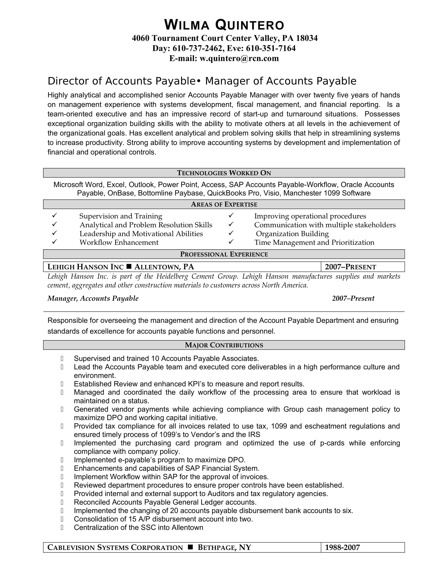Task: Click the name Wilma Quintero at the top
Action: tap(224, 25)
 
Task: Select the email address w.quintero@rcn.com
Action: tap(239, 59)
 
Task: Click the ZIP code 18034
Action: tap(306, 38)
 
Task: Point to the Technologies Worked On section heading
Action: tap(224, 173)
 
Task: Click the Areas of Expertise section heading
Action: tap(224, 204)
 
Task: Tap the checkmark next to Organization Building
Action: tap(231, 233)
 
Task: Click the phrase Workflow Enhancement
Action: tap(119, 243)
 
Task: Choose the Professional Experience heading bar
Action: tap(224, 254)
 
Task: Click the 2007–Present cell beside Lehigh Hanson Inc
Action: tap(350, 267)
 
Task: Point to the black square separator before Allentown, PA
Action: tap(129, 266)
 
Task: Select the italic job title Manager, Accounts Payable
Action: tap(93, 298)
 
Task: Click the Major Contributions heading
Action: tap(224, 345)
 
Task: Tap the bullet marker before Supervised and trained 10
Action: tap(62, 359)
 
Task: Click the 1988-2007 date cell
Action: tap(342, 548)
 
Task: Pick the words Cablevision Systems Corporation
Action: tap(115, 548)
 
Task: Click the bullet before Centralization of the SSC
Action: tap(62, 528)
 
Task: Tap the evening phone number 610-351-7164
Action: tap(271, 48)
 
